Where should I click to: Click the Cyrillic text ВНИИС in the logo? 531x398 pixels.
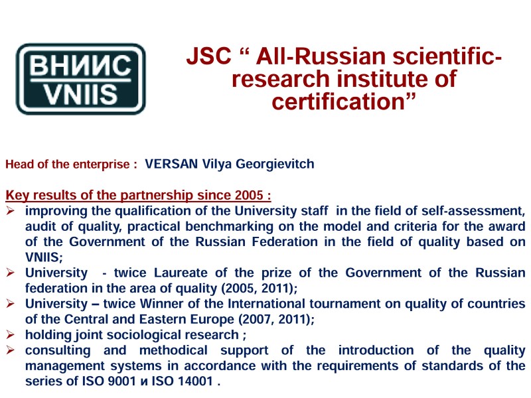[80, 65]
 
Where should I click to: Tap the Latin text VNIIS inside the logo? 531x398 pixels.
[80, 94]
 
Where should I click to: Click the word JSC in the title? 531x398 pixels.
[208, 56]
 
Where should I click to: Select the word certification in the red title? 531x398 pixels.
[339, 101]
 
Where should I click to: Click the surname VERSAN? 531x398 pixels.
[171, 164]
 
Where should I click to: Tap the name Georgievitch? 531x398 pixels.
[275, 164]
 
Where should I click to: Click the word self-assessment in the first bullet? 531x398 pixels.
[473, 211]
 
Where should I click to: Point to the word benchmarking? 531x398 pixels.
[229, 226]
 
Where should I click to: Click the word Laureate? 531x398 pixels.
[181, 273]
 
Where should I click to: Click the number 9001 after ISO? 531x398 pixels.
[121, 381]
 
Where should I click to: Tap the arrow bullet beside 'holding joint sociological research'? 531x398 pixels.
[10, 335]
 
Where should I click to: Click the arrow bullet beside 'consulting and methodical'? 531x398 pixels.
[10, 350]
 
